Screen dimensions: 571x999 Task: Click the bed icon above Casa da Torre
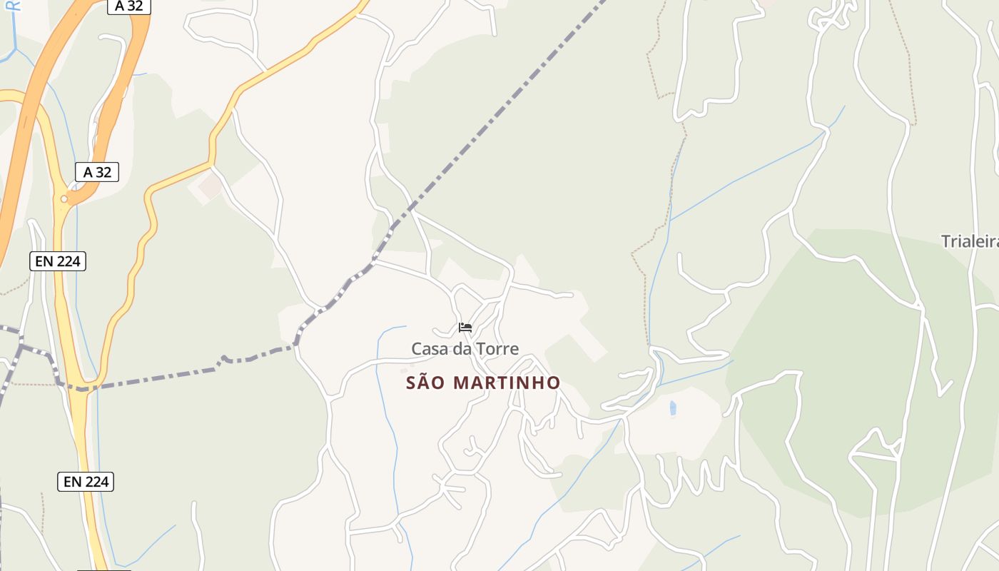coord(465,328)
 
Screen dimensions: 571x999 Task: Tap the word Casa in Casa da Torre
coord(428,349)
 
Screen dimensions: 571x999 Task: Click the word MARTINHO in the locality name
coord(507,383)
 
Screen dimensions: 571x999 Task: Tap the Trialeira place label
coord(969,241)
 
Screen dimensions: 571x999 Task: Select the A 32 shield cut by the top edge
coord(128,6)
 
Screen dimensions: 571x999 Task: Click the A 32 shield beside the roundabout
coord(97,172)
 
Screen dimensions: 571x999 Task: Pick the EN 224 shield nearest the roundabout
coord(58,261)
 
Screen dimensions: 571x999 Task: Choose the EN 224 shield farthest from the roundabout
coord(86,482)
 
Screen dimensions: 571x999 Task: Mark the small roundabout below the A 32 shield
coord(64,199)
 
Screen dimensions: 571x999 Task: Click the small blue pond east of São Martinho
coord(673,408)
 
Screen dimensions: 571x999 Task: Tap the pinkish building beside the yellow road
coord(211,186)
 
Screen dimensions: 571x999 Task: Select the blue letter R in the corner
coord(16,6)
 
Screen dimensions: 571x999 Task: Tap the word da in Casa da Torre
coord(461,349)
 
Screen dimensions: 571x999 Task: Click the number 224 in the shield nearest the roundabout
coord(69,261)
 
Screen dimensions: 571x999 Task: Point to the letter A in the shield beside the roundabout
coord(88,172)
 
